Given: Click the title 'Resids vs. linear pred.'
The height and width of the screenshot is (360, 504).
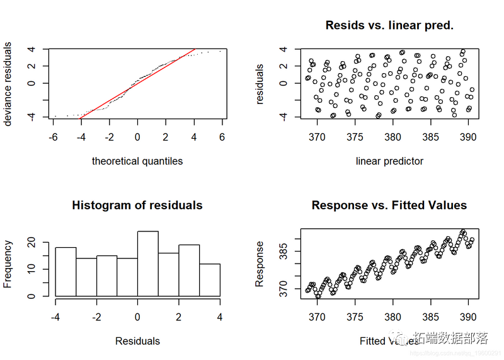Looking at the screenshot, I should pyautogui.click(x=389, y=26).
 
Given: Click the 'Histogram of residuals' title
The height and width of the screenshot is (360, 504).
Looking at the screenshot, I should pyautogui.click(x=137, y=206).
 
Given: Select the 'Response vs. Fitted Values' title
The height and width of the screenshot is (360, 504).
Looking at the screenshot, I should pyautogui.click(x=389, y=206).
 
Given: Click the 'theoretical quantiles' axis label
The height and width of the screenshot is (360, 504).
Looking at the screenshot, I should pyautogui.click(x=137, y=161).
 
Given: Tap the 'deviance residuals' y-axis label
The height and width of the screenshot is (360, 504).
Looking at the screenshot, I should pyautogui.click(x=8, y=83).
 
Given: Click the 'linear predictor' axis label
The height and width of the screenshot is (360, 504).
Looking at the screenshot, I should pyautogui.click(x=389, y=161).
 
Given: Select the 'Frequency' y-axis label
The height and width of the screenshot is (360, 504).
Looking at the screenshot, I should pyautogui.click(x=8, y=264).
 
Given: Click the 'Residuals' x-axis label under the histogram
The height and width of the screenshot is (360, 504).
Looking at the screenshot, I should pyautogui.click(x=137, y=341).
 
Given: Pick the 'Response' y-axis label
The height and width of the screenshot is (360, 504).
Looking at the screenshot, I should pyautogui.click(x=260, y=264).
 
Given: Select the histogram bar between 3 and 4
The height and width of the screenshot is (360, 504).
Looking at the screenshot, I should pyautogui.click(x=210, y=279).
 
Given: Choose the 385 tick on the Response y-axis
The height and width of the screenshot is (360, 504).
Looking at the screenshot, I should pyautogui.click(x=282, y=253).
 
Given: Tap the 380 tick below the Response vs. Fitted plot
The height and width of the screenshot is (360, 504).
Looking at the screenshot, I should pyautogui.click(x=392, y=317).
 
